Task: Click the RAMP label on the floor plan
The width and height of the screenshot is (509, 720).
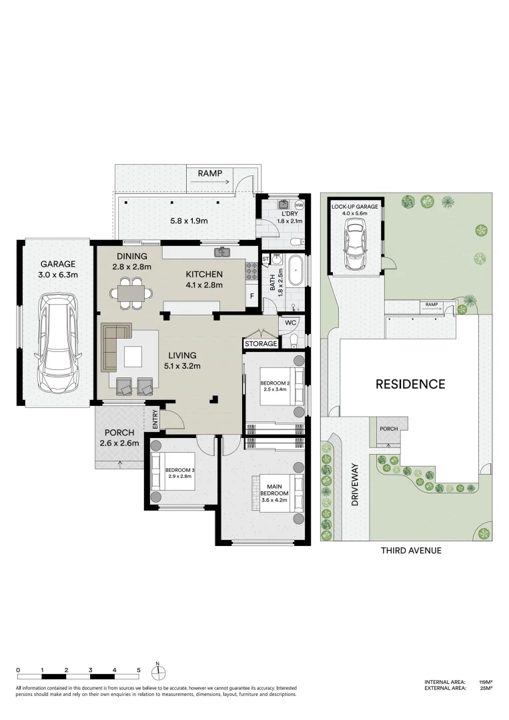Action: click(x=210, y=173)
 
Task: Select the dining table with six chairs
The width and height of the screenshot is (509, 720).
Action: click(x=131, y=293)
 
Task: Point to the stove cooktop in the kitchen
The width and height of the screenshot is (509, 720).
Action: click(x=251, y=271)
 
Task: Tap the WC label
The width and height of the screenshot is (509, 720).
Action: click(x=290, y=323)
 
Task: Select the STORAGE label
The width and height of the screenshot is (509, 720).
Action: click(x=260, y=344)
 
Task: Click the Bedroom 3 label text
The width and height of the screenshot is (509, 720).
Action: click(x=179, y=473)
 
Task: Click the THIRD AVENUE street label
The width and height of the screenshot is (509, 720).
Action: click(x=411, y=551)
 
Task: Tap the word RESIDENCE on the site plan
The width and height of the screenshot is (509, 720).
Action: click(x=410, y=384)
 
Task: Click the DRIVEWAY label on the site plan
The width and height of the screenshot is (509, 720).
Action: click(x=355, y=485)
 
